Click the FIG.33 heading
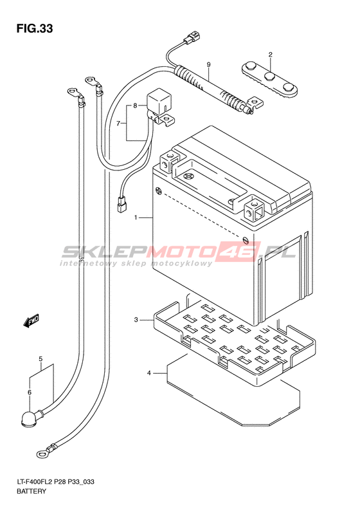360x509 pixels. tap(35, 29)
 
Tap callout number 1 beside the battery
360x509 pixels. tap(136, 217)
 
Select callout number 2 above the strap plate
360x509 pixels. tap(270, 55)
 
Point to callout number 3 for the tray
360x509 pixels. tap(136, 320)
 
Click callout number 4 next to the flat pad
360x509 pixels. tap(149, 373)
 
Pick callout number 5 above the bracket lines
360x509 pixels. tap(40, 359)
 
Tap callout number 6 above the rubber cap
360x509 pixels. tap(30, 393)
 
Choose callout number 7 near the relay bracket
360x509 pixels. tap(119, 124)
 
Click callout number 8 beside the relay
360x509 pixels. tap(135, 106)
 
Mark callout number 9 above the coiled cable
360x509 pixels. tap(208, 64)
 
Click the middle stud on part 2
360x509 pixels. tap(270, 77)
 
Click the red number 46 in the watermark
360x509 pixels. tap(240, 252)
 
